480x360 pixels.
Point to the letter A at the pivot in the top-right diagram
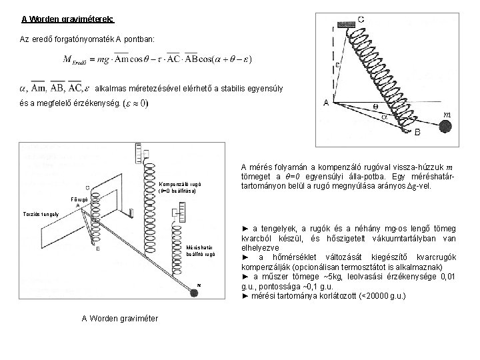(327, 103)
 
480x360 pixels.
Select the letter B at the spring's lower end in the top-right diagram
(418, 133)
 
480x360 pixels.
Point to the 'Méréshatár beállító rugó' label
(200, 249)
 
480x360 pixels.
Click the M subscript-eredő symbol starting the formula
(75, 61)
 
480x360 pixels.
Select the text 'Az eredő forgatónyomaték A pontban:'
(87, 40)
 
